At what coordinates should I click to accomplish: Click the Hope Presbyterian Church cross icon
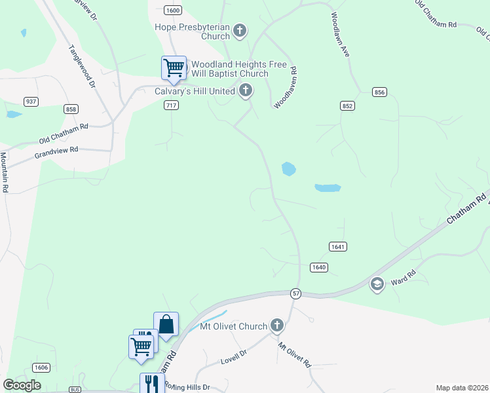coord(240,30)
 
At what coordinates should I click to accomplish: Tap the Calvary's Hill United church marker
coord(246,90)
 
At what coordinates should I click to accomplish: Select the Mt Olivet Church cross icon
coord(277,325)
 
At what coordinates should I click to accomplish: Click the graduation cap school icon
coord(377,284)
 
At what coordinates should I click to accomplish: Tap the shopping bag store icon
coord(166,324)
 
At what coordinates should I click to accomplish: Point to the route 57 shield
coord(296,294)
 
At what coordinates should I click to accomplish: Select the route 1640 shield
coord(318,267)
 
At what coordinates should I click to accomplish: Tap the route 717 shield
coord(171,105)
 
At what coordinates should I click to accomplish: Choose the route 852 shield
coord(348,105)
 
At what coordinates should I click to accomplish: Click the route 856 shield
coord(379,92)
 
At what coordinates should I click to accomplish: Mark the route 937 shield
coord(30,102)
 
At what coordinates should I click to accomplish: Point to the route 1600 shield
coord(173,10)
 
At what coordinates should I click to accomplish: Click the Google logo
coord(22,385)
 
